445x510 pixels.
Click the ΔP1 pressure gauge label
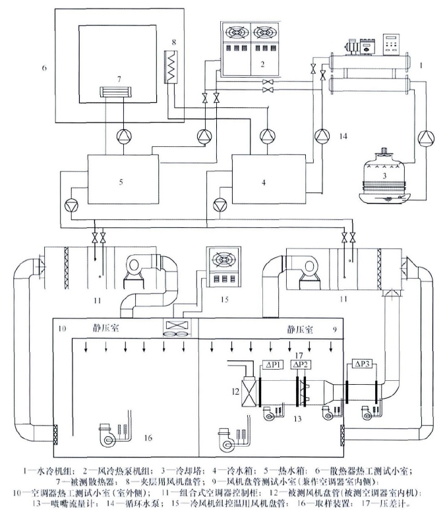tap(272, 364)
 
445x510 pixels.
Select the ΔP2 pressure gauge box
tap(299, 364)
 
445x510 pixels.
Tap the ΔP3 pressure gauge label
tap(363, 364)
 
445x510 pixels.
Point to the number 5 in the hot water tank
tap(121, 180)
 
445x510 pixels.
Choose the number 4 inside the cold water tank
tap(264, 180)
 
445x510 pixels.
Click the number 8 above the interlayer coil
tap(174, 42)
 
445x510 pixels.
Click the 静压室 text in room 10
tap(103, 327)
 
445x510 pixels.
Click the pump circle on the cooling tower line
tap(426, 138)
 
